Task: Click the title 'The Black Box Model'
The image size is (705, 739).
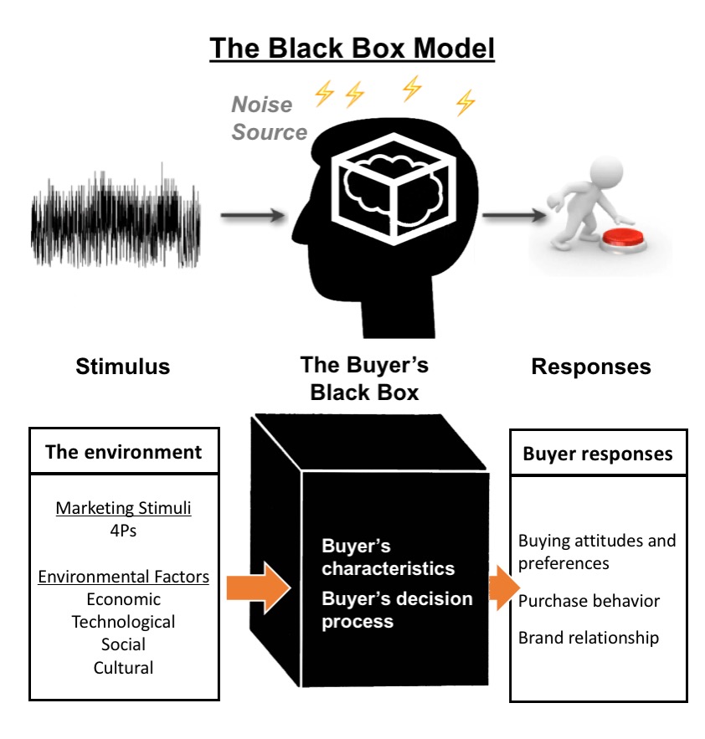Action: coord(352,48)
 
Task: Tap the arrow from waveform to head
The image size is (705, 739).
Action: coord(252,216)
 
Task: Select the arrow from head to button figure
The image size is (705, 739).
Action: coord(512,216)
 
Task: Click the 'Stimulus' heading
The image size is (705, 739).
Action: coord(122,367)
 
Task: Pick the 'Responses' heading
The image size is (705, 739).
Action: coord(590,367)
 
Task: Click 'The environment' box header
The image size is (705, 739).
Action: coord(124,452)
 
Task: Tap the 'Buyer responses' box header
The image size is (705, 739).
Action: coord(598,454)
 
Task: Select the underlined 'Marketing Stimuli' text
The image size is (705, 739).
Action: coord(123,508)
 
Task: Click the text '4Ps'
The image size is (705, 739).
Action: coord(123,531)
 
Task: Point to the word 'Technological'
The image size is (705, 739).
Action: coord(123,622)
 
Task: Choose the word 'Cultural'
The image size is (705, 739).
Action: coord(123,668)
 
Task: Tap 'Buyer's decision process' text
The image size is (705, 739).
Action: coord(397,610)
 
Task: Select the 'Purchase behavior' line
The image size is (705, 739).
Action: coord(589,601)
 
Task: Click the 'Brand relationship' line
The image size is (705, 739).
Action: coord(588,638)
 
